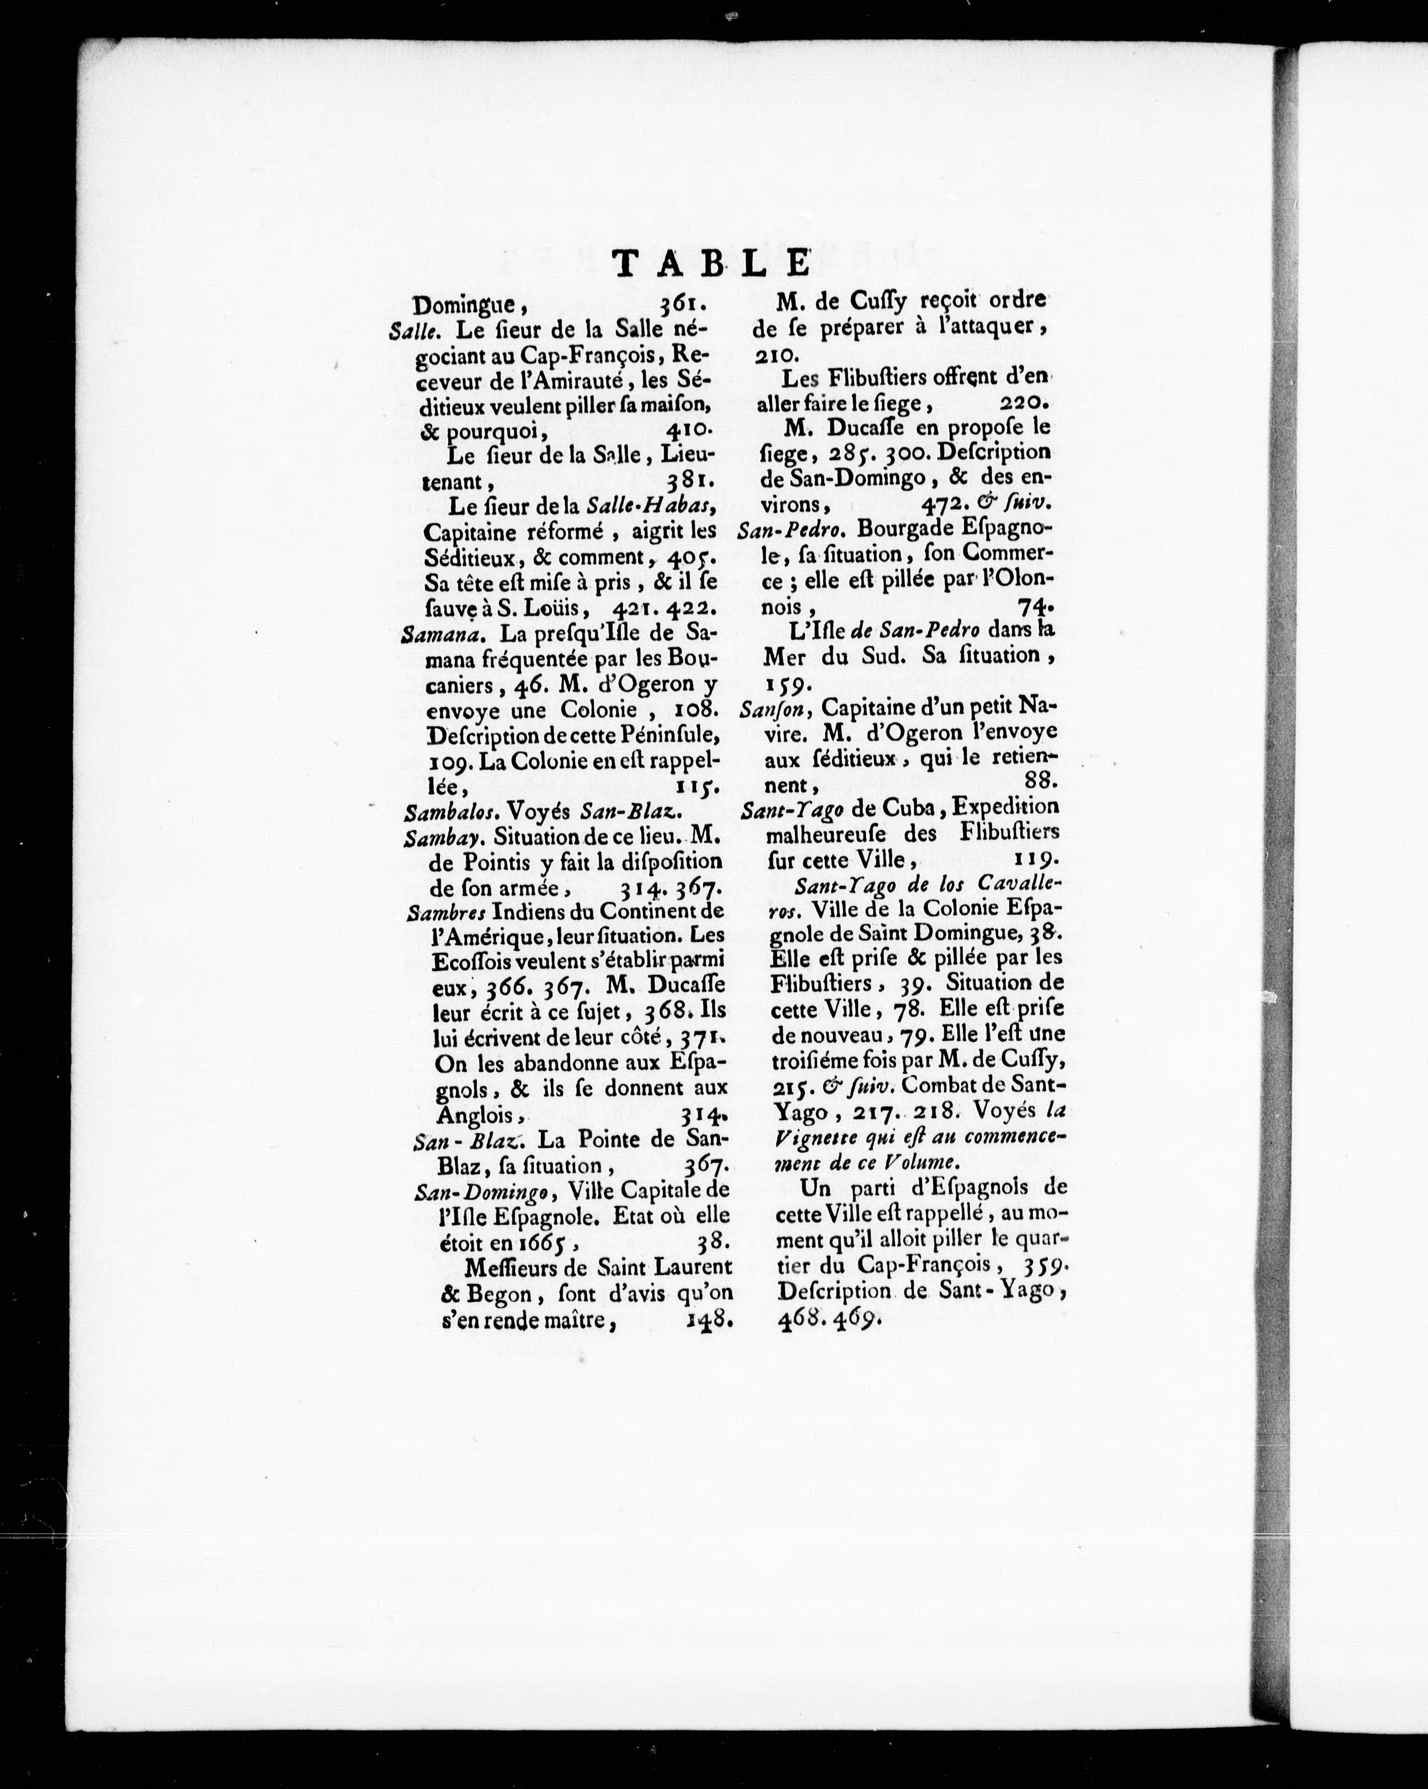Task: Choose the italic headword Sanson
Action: click(768, 708)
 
